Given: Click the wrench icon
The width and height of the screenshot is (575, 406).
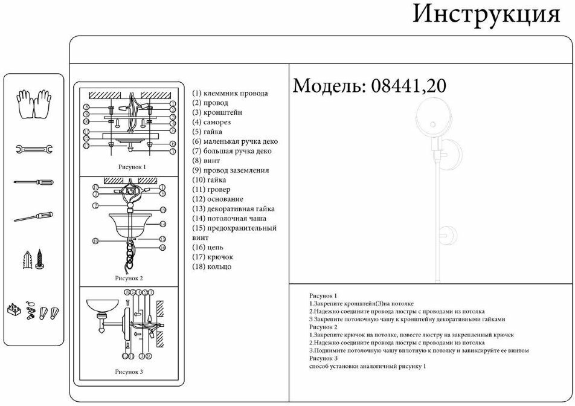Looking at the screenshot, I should [34, 149].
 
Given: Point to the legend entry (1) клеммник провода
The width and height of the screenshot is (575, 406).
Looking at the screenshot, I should [230, 93].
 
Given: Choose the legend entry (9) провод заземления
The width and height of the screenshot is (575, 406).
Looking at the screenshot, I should [231, 170].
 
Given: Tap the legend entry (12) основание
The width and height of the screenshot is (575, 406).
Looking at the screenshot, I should [218, 199].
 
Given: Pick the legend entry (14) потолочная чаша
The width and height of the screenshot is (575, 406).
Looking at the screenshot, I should [229, 219].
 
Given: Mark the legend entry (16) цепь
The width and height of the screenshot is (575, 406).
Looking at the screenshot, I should [208, 248].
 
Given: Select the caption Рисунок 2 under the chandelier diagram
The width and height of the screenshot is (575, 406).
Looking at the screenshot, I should [129, 279].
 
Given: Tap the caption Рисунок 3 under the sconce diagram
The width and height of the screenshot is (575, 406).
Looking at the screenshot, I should [129, 372].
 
